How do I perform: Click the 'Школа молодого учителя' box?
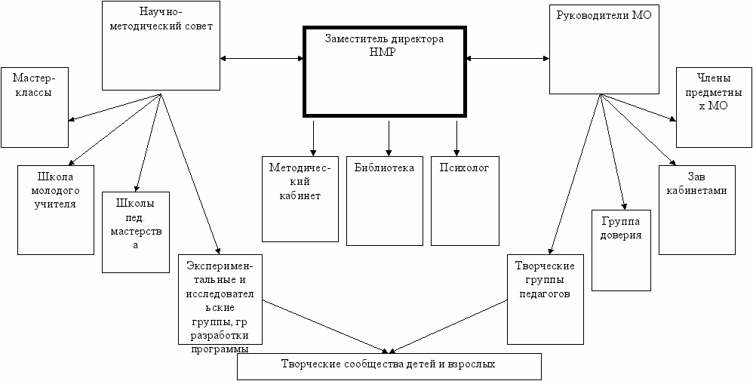[x=55, y=209]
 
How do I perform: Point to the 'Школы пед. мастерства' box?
[x=136, y=232]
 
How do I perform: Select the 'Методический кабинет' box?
[x=300, y=198]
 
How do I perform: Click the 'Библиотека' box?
[x=383, y=201]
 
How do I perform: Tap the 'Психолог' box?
[x=465, y=201]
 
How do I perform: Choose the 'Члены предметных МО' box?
[x=713, y=108]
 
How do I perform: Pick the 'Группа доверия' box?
[x=621, y=250]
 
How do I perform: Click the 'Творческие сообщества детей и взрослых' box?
[x=389, y=366]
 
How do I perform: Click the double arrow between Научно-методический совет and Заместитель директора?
[x=260, y=58]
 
